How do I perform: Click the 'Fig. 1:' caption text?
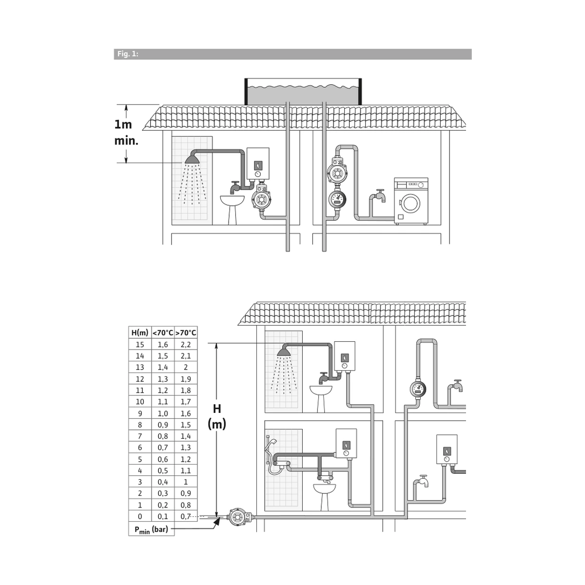point(128,54)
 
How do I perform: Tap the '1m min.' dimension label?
point(126,133)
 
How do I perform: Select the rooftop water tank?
point(303,92)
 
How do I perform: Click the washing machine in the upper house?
point(411,201)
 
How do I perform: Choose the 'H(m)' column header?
point(139,333)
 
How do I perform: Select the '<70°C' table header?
point(163,333)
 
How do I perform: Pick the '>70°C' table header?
point(186,333)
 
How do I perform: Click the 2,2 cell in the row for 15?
point(186,345)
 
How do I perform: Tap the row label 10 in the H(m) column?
point(139,402)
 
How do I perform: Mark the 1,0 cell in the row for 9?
point(163,413)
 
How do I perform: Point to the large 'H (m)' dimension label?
point(217,416)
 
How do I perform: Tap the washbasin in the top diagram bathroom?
point(232,210)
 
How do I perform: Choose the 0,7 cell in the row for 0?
point(185,516)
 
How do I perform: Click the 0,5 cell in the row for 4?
point(163,470)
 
